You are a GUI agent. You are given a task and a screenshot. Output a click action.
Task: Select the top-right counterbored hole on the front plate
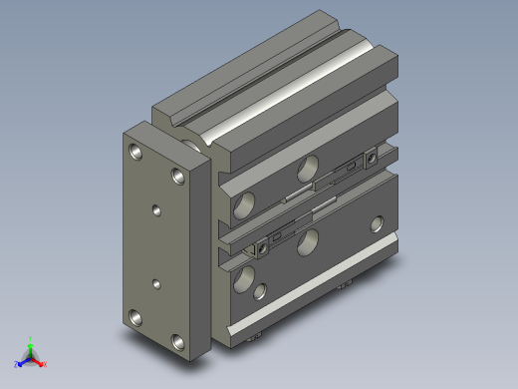click(x=178, y=176)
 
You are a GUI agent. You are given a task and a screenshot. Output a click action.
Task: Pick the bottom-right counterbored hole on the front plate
click(x=178, y=342)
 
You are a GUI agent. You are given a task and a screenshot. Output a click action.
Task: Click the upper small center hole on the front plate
click(x=156, y=209)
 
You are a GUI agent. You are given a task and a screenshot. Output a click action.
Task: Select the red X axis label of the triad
click(x=46, y=365)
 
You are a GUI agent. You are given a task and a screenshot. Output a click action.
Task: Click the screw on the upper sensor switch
click(x=372, y=156)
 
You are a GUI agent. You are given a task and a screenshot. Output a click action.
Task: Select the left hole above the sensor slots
click(x=242, y=206)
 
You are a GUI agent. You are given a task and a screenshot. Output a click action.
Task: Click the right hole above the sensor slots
click(x=309, y=166)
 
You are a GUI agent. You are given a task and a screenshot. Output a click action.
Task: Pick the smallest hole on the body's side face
click(x=262, y=291)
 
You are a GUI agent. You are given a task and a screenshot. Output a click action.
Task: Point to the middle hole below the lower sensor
click(x=310, y=238)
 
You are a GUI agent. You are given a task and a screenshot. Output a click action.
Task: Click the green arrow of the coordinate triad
click(x=31, y=347)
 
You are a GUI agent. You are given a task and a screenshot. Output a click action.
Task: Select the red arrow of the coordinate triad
click(x=39, y=360)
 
